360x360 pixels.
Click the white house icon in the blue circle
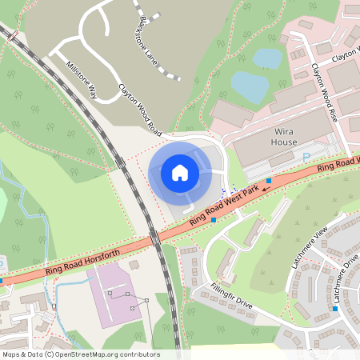coord(179,172)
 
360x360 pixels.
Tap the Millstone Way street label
coord(81,80)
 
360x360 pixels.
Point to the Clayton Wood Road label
coord(140,109)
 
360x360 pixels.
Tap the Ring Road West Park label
coord(226,210)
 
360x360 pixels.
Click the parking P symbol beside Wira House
coord(306,158)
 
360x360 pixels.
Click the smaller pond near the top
coord(267,58)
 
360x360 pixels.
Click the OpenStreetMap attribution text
coord(80,354)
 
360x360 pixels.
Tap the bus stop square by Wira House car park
coord(269,182)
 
